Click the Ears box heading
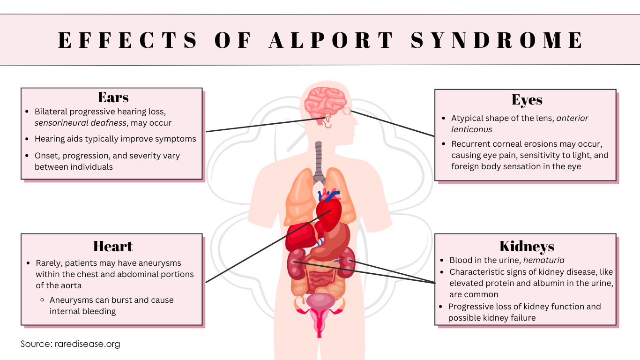[113, 97]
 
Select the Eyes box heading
[527, 100]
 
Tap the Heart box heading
[113, 246]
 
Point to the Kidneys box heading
[527, 246]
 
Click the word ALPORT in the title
[331, 40]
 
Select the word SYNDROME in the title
[497, 40]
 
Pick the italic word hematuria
[544, 260]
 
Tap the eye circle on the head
[347, 111]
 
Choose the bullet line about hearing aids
[115, 139]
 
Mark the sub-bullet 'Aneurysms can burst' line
[112, 300]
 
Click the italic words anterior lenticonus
[520, 124]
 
